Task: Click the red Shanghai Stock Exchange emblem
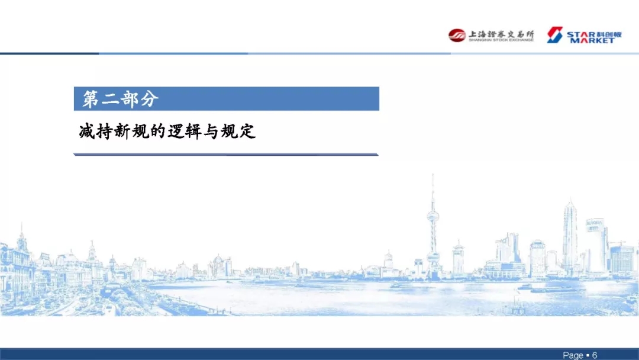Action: coord(457,35)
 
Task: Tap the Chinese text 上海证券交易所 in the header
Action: coord(501,34)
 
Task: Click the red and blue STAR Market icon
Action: coord(554,35)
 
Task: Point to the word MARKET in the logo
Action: coord(592,40)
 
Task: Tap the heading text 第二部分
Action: coord(120,99)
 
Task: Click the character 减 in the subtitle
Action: coord(87,131)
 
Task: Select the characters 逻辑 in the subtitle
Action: coord(185,131)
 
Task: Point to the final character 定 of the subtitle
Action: coord(247,131)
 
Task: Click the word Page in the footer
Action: coord(573,355)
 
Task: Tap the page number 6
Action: coord(595,355)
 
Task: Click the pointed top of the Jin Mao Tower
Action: coord(570,202)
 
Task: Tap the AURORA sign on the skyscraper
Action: coord(594,223)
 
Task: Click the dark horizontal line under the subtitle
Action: coord(226,155)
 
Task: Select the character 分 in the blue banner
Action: coord(150,99)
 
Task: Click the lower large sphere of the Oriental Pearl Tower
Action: coord(433,257)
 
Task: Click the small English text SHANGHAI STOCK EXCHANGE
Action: coord(501,40)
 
